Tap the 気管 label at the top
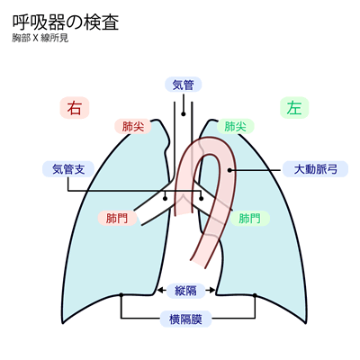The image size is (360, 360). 184,85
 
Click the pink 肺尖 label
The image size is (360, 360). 131,127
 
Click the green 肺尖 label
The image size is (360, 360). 236,127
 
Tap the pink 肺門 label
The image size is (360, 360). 116,219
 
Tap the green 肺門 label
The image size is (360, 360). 248,219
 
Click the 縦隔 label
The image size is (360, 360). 185,290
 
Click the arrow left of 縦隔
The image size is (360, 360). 163,290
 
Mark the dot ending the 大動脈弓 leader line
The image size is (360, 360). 232,169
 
